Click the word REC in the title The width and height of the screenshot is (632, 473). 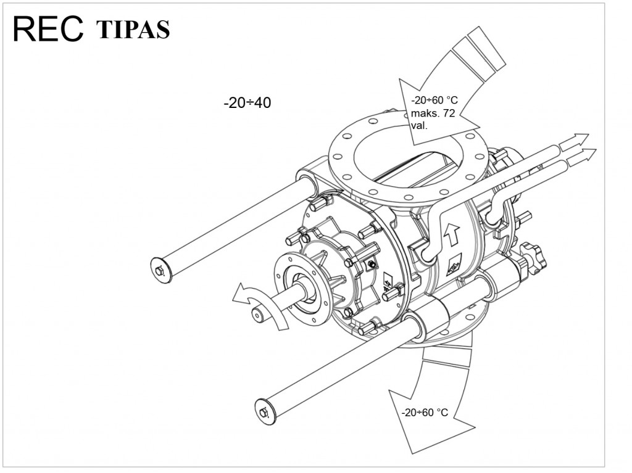[x=48, y=28]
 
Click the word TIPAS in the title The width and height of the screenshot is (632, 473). [x=133, y=29]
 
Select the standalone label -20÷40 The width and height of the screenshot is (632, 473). [x=247, y=103]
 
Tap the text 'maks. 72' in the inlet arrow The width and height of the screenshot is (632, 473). [x=433, y=113]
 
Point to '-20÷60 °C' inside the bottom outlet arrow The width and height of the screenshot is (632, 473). [x=425, y=413]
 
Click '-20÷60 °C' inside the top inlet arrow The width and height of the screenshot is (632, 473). [x=434, y=101]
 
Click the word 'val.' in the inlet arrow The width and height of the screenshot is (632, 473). [x=419, y=125]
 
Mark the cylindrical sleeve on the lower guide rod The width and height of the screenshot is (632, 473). [x=432, y=320]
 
